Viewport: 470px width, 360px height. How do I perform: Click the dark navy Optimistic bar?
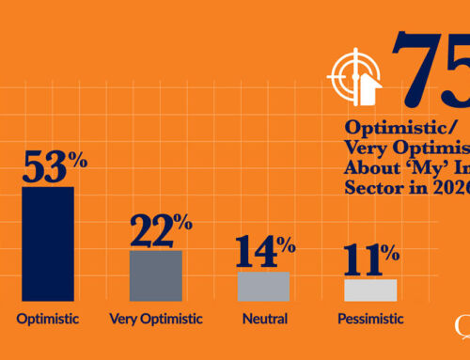coord(48,243)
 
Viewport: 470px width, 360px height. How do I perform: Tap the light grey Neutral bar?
coord(263,286)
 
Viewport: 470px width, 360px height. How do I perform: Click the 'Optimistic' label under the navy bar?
coord(48,319)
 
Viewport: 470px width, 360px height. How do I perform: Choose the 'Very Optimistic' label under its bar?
coord(156,319)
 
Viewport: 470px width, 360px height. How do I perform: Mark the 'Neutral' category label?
coord(264,319)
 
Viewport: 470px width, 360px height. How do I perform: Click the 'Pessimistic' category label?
coord(369,319)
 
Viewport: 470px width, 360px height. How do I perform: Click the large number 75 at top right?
coord(432,66)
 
